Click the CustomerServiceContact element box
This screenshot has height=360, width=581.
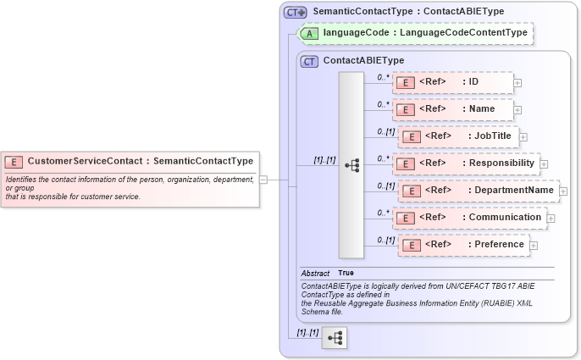tap(129, 161)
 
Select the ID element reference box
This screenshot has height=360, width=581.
tap(452, 82)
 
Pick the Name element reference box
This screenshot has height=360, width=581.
tap(452, 109)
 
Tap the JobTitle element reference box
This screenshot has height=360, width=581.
tap(457, 136)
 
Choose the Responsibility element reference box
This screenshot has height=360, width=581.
tap(465, 163)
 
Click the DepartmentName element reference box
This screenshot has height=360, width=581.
tap(478, 191)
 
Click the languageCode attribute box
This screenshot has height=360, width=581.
tap(416, 33)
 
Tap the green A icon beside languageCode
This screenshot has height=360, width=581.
tap(311, 33)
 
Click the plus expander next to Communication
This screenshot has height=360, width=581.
tap(551, 219)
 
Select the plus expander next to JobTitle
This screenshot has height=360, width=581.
tap(523, 137)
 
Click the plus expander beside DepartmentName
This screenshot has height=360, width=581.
tap(563, 191)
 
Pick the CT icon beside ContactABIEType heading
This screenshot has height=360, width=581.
tap(309, 61)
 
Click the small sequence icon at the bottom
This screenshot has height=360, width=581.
tap(335, 336)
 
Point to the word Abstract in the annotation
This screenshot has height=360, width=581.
tap(315, 273)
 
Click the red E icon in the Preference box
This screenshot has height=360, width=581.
tap(411, 246)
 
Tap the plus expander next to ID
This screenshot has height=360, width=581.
tap(517, 83)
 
